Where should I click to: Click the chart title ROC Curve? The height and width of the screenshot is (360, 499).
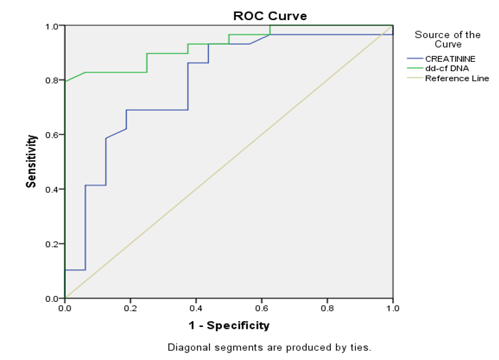coord(270,16)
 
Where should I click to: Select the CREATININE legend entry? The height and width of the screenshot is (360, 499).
coord(450,59)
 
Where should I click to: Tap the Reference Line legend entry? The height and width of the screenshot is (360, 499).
coord(456,78)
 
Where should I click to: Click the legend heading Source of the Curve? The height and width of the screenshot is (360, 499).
coord(448,39)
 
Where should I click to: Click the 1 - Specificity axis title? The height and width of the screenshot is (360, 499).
coord(229,325)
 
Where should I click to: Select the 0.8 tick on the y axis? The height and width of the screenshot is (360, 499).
coord(54,81)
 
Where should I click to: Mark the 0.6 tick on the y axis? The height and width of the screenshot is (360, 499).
coord(54,135)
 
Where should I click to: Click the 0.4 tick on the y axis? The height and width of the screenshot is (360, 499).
coord(54,189)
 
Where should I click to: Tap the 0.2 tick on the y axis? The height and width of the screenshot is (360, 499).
coord(54,244)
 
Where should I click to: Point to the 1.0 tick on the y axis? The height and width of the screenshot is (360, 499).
coord(54,26)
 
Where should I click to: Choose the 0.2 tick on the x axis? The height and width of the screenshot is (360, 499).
coord(131,307)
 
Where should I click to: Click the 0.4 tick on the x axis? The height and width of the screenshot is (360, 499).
coord(196,307)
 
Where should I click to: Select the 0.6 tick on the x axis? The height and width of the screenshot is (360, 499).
coord(262,307)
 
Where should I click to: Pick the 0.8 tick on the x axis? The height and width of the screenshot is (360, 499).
coord(327,307)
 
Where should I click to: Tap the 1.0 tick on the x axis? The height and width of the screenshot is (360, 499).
coord(393,307)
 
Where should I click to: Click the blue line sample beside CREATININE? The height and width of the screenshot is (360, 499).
coord(415,59)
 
